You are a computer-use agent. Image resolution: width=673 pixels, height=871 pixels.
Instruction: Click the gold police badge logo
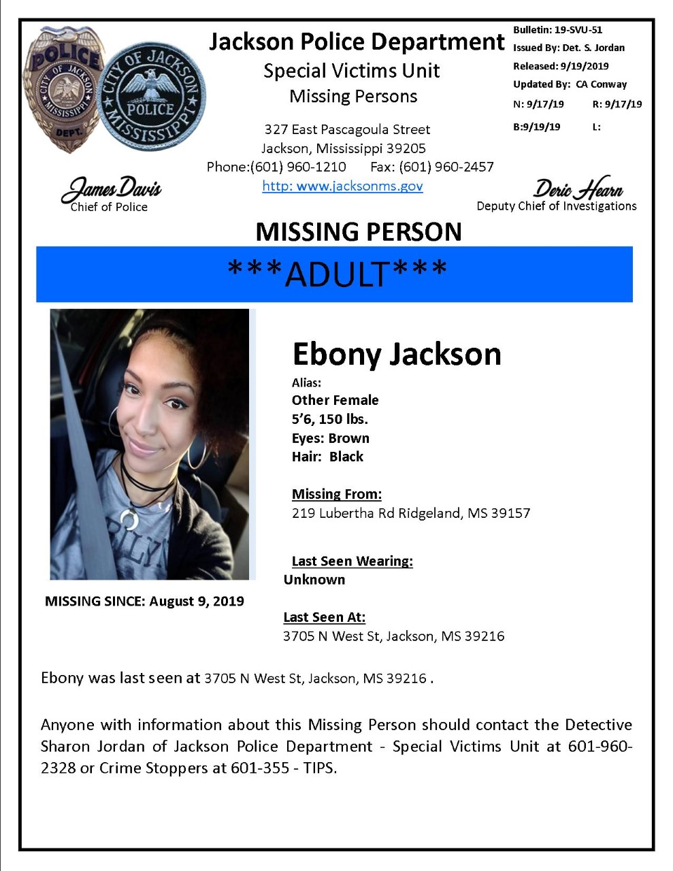65,89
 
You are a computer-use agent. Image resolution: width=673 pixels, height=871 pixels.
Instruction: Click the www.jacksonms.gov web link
342,186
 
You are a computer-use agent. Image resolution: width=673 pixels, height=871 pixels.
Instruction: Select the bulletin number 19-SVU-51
578,30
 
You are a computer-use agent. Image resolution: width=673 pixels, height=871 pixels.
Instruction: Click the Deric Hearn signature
578,188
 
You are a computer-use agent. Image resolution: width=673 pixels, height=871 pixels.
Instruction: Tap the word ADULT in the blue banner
337,274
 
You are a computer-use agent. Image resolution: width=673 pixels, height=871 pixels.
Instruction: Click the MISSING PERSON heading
359,232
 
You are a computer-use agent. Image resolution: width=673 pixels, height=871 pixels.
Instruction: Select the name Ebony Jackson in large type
397,354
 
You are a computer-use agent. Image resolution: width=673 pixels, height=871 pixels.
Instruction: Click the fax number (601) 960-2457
446,167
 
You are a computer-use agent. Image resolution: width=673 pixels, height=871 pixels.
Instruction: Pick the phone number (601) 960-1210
298,167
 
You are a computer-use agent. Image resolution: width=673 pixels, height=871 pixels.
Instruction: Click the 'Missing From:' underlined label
337,494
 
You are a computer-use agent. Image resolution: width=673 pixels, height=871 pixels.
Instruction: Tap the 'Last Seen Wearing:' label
352,561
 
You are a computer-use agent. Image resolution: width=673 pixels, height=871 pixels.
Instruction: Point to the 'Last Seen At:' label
324,617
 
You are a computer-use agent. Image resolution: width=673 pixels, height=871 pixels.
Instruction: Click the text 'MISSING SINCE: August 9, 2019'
144,601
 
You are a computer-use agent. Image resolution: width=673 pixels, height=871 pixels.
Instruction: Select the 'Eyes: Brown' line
331,438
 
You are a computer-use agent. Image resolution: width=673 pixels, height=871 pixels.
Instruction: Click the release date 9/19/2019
585,66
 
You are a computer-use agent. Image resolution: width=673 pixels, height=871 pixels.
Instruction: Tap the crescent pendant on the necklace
128,521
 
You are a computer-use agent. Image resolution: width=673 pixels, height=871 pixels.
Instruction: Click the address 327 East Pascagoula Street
347,129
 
